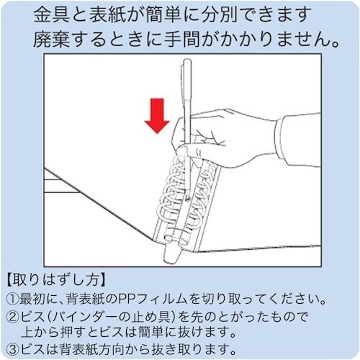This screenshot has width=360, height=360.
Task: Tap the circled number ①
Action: point(14,297)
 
